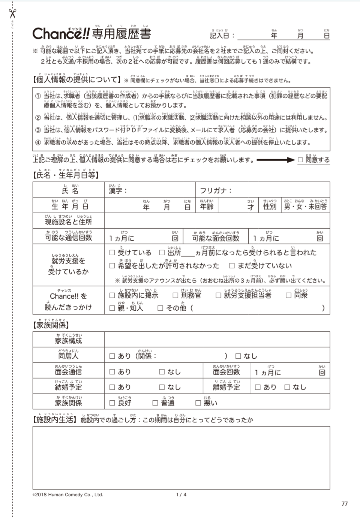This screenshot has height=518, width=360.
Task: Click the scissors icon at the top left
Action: click(12, 13)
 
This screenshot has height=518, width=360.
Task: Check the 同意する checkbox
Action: click(300, 160)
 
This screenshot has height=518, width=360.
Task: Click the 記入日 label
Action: click(222, 35)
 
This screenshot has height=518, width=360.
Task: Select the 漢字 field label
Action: click(118, 190)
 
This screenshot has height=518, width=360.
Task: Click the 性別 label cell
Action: click(270, 207)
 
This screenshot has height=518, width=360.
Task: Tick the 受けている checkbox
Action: click(112, 253)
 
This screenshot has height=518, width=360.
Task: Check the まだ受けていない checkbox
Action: click(232, 266)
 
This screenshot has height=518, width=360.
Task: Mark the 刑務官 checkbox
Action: click(175, 295)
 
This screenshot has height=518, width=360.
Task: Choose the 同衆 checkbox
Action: click(288, 295)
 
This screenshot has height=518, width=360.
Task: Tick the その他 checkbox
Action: click(160, 308)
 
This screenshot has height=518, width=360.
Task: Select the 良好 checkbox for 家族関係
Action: click(112, 403)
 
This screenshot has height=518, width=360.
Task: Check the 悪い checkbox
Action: click(198, 403)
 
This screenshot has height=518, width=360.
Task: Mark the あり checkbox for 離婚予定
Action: click(258, 387)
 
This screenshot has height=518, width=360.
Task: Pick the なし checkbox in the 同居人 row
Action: click(238, 356)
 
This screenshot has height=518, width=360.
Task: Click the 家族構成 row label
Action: click(68, 341)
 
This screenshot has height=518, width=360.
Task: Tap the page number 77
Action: click(345, 504)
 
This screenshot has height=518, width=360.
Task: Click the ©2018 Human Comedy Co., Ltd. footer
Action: click(68, 495)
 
